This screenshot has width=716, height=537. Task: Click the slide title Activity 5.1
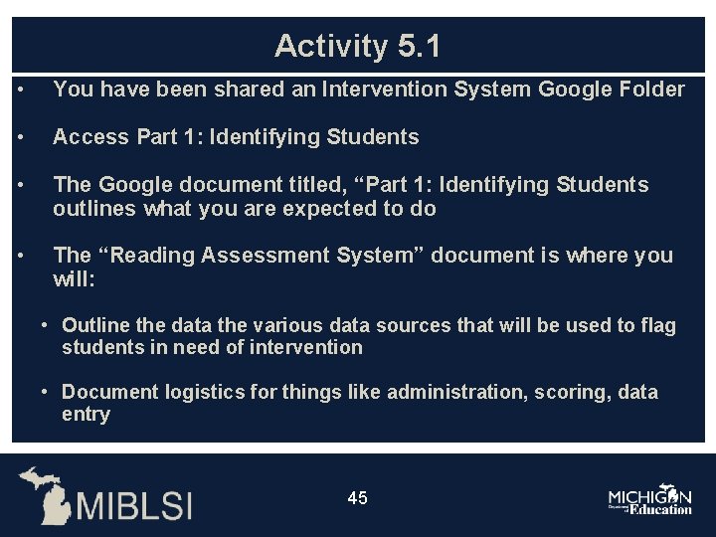point(357,46)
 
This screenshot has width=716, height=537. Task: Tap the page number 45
point(358,497)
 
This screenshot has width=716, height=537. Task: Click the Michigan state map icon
point(46,493)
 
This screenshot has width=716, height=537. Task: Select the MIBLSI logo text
point(134,504)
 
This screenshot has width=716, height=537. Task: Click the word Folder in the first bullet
point(652,89)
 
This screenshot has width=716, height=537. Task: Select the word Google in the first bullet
point(575,89)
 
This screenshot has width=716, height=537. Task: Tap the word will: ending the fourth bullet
point(74,279)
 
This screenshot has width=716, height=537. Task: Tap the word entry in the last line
point(86,414)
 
